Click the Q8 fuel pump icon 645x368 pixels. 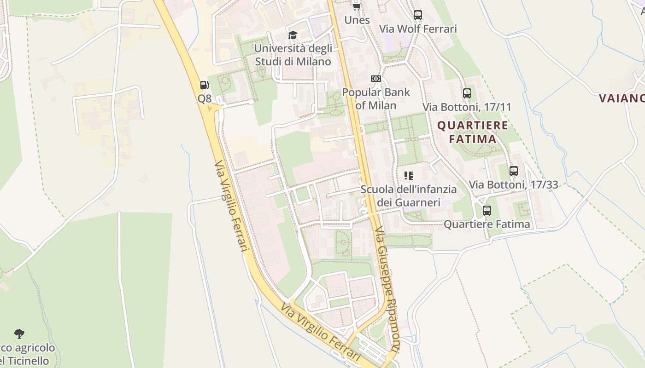pyautogui.click(x=204, y=85)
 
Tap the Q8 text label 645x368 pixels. pyautogui.click(x=205, y=98)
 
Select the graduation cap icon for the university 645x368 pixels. pyautogui.click(x=293, y=35)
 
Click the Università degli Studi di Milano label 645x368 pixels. pyautogui.click(x=293, y=55)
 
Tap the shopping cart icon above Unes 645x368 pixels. pyautogui.click(x=357, y=6)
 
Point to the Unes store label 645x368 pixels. pyautogui.click(x=357, y=20)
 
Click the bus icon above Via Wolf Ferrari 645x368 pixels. pyautogui.click(x=418, y=15)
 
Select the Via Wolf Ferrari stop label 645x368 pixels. pyautogui.click(x=418, y=29)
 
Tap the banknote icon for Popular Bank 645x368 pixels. pyautogui.click(x=376, y=79)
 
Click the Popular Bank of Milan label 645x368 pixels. pyautogui.click(x=376, y=98)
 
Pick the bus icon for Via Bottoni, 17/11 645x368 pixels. pyautogui.click(x=467, y=93)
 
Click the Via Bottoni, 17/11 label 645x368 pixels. pyautogui.click(x=467, y=107)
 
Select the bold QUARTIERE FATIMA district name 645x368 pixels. pyautogui.click(x=473, y=132)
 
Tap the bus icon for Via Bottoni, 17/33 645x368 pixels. pyautogui.click(x=514, y=171)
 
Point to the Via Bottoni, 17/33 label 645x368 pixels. pyautogui.click(x=514, y=185)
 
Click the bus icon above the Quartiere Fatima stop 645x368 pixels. pyautogui.click(x=487, y=211)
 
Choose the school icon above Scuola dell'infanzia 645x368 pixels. pyautogui.click(x=409, y=175)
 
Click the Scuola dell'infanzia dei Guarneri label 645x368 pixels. pyautogui.click(x=409, y=195)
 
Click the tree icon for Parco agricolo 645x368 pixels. pyautogui.click(x=19, y=334)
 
